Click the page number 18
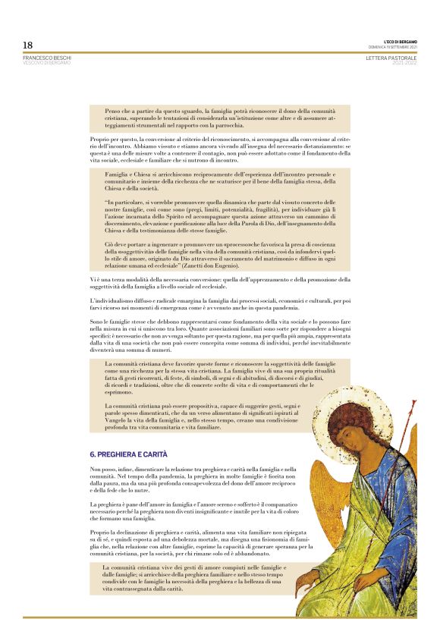(27, 45)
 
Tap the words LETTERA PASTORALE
(391, 58)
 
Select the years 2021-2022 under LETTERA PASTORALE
(404, 63)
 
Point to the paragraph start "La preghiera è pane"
(118, 504)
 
